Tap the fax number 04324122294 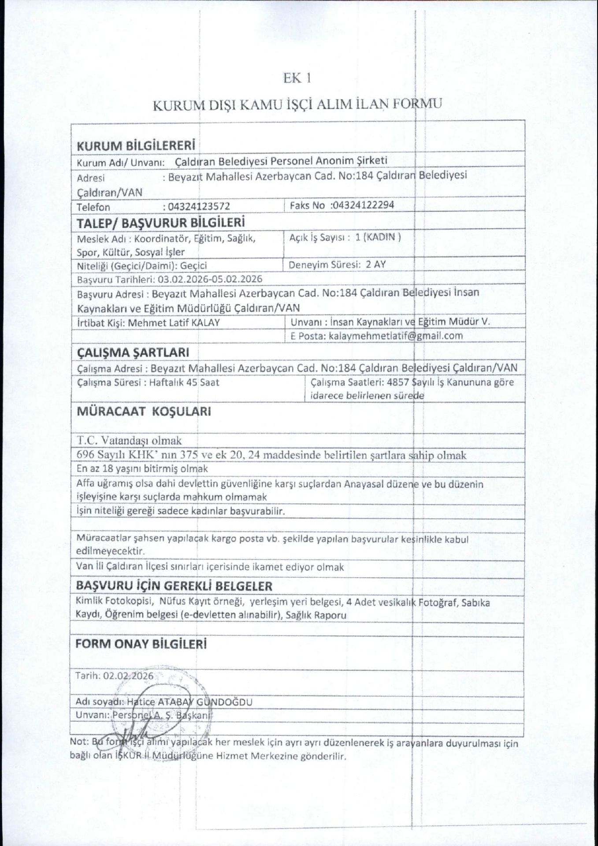tap(363, 205)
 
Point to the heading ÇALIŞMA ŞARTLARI tap(133, 352)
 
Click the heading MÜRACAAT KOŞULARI tap(144, 412)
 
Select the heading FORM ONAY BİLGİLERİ tap(141, 644)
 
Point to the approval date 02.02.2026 tap(128, 676)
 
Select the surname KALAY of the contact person tap(206, 323)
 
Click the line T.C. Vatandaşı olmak tap(129, 440)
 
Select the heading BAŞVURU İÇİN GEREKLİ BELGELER tap(174, 586)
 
